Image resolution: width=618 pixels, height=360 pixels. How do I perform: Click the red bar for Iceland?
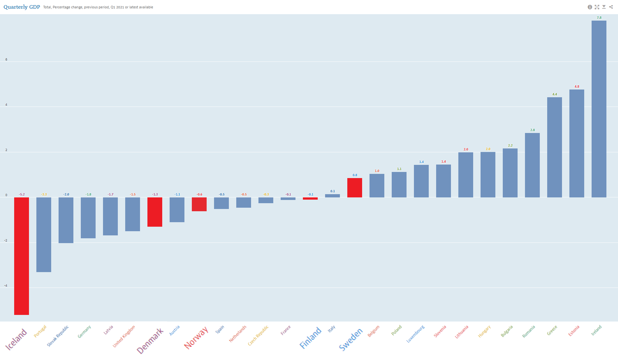(x=22, y=256)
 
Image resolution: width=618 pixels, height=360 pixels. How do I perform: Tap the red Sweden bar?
(x=354, y=188)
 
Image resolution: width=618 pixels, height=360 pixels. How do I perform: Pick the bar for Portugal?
(x=44, y=234)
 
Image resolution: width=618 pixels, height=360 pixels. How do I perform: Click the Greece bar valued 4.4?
(x=554, y=147)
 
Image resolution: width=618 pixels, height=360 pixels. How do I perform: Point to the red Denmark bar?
(x=155, y=212)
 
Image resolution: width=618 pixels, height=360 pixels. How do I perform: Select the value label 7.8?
(x=599, y=18)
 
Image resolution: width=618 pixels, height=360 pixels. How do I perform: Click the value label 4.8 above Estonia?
(x=577, y=87)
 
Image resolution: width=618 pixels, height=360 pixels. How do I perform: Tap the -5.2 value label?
(x=22, y=194)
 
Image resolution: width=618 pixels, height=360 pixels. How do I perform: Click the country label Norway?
(x=196, y=338)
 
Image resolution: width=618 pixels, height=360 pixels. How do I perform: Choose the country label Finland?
(x=310, y=338)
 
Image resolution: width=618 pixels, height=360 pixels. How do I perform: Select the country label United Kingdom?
(x=124, y=336)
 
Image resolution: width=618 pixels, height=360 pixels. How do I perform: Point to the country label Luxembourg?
(x=416, y=334)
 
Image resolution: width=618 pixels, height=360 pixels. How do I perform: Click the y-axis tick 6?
(x=6, y=60)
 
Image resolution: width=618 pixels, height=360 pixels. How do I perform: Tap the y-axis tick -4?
(x=5, y=286)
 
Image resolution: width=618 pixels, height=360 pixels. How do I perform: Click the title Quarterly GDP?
(x=22, y=7)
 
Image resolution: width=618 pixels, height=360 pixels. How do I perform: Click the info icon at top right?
(x=590, y=7)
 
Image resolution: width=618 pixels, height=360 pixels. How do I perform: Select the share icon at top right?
(x=611, y=7)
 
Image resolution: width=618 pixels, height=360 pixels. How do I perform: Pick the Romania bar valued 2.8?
(x=532, y=165)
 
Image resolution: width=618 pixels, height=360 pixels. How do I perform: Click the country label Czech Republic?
(x=258, y=336)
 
